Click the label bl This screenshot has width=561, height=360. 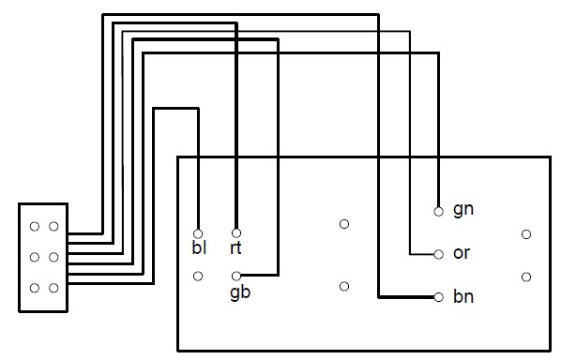[x=199, y=247]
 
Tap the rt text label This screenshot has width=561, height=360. [x=235, y=247]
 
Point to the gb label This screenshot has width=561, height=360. [x=240, y=292]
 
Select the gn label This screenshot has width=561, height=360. [x=463, y=209]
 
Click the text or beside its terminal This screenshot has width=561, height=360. [x=462, y=253]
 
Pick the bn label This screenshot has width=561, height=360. [x=463, y=296]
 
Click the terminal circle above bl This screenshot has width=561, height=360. [x=198, y=233]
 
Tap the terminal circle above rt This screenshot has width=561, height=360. [x=236, y=233]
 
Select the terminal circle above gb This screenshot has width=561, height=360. [x=236, y=276]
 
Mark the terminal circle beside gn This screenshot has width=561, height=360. [x=439, y=212]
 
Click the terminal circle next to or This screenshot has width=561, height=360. [x=439, y=255]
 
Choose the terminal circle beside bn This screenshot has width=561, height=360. [x=439, y=297]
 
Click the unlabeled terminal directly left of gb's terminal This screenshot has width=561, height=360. [x=198, y=276]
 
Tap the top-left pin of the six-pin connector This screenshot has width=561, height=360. [x=35, y=226]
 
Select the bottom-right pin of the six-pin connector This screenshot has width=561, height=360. [x=53, y=288]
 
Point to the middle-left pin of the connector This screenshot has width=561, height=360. [x=35, y=257]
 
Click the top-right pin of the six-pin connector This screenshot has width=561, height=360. [x=53, y=226]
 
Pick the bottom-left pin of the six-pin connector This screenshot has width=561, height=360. [x=35, y=288]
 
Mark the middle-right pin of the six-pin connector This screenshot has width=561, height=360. [x=53, y=257]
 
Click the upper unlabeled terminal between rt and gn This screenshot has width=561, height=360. [x=344, y=224]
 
